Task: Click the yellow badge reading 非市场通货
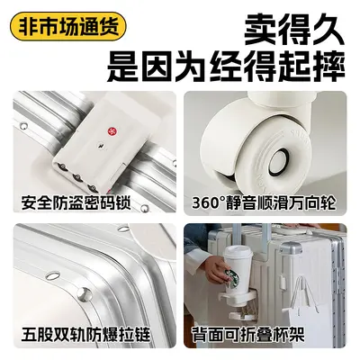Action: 68,26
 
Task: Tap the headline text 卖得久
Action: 293,31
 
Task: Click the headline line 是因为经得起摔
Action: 226,67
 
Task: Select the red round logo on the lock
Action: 110,131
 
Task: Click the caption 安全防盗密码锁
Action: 76,202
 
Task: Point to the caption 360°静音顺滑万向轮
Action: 264,202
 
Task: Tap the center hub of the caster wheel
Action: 278,162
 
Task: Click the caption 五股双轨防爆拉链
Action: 85,333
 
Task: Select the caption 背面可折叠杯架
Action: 248,333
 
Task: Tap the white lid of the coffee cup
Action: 238,251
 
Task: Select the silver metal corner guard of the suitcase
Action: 291,248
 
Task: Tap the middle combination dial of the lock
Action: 77,177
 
